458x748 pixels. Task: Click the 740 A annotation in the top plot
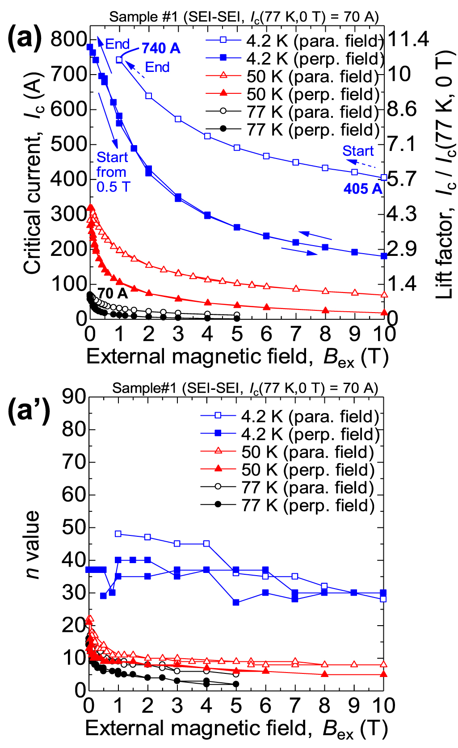161,48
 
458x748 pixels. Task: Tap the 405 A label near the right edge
363,189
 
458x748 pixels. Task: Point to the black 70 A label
113,293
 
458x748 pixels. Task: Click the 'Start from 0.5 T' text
113,172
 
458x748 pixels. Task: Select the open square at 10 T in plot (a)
384,177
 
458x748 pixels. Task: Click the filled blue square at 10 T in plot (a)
384,256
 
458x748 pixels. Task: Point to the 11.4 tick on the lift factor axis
408,39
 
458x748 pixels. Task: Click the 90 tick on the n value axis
74,397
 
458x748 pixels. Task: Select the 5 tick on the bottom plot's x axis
236,706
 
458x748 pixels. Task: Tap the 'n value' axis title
32,545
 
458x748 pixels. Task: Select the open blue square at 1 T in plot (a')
118,534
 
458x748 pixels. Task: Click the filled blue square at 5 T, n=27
236,602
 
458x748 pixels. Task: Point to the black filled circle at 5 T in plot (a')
236,684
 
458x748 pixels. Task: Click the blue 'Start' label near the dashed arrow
358,151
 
